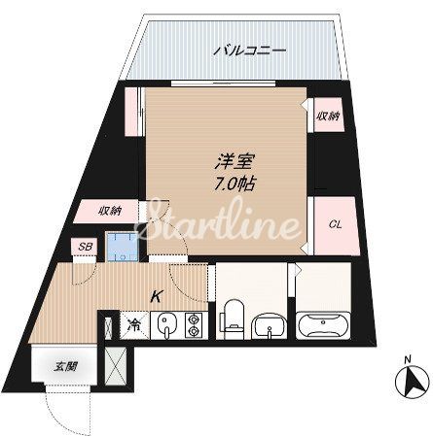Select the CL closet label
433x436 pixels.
[333, 224]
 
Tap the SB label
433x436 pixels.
[85, 247]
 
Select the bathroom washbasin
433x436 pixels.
[266, 323]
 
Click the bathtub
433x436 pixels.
[320, 323]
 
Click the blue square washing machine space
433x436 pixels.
[121, 248]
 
